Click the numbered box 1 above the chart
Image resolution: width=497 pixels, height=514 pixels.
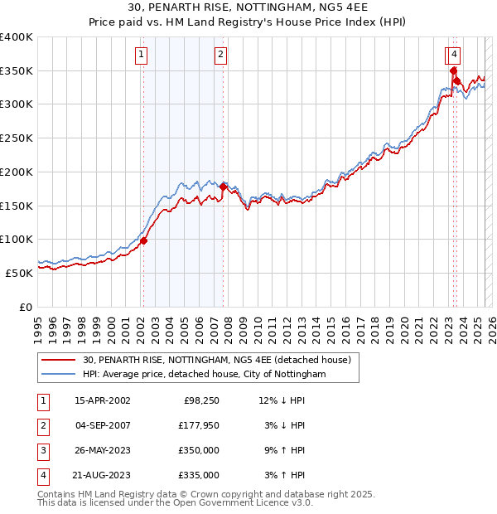pos(142,56)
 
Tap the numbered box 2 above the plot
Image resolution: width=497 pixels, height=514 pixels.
pos(221,56)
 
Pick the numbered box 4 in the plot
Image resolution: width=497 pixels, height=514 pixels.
pos(456,56)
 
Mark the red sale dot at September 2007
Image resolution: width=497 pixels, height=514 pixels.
pos(223,187)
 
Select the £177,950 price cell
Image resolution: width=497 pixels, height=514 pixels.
pos(199,425)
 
